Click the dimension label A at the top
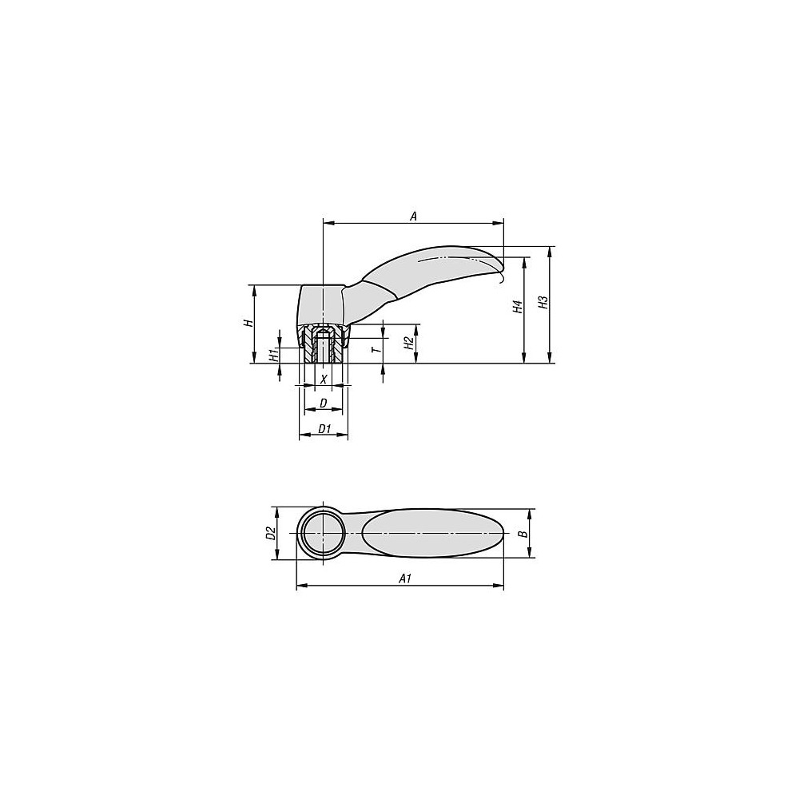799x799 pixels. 413,215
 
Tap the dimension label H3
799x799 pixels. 543,303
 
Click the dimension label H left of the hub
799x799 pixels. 248,323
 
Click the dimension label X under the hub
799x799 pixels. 324,378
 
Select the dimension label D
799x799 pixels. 324,402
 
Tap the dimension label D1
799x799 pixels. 324,429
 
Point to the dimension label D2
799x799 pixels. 270,533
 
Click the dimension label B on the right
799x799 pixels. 522,533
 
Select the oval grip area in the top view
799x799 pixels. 431,533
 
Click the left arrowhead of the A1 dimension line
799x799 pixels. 299,587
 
